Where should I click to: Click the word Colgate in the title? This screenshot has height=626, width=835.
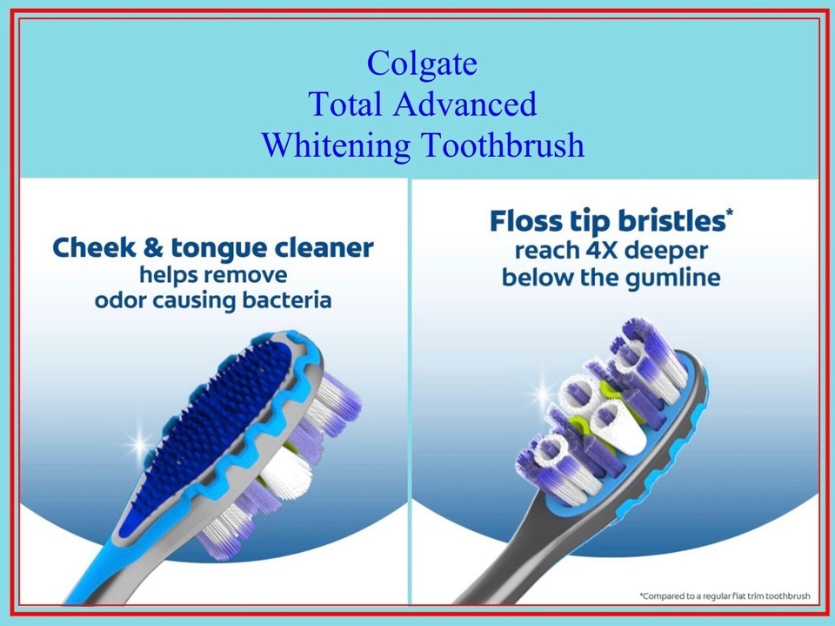point(422,64)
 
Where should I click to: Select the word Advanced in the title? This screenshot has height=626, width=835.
point(464,104)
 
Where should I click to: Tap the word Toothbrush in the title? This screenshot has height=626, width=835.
point(504,145)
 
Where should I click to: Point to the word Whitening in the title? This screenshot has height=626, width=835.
point(336,146)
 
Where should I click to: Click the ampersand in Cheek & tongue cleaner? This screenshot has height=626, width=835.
point(153,248)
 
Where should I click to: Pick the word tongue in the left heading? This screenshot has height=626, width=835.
point(218,250)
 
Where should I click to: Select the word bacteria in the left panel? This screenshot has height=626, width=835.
point(286,300)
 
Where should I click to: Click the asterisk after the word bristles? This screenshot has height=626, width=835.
point(730,212)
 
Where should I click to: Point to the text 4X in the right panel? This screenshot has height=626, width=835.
point(601,250)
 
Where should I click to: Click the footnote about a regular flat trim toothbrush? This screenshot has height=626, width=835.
point(725,596)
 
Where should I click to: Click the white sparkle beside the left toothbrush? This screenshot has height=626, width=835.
point(139,444)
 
